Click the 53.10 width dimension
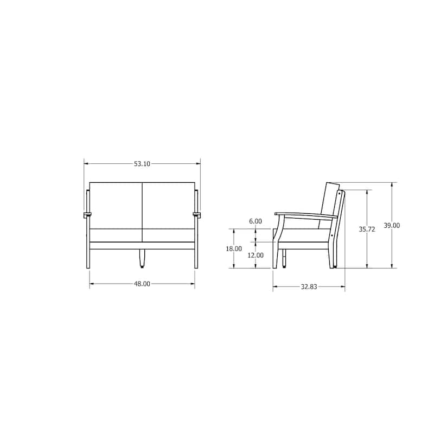point(142,164)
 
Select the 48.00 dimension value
point(142,284)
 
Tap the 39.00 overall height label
point(392,226)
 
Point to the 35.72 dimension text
point(367,229)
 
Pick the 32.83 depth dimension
point(309,287)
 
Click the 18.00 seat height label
point(234,248)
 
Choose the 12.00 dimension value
point(256,255)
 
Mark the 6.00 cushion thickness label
point(255,221)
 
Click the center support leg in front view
point(142,259)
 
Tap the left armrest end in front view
point(87,215)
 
